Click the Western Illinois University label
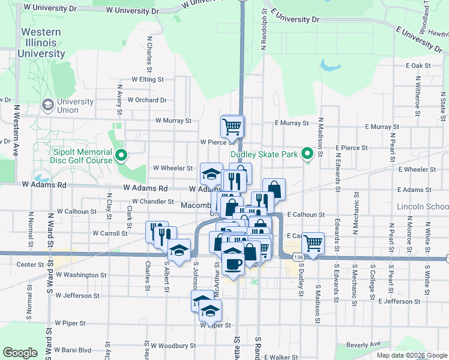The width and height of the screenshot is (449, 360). point(41,43)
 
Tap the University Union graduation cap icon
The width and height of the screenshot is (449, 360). point(47,106)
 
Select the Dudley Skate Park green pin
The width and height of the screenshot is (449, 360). point(308,155)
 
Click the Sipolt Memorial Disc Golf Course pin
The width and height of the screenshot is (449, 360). point(121,156)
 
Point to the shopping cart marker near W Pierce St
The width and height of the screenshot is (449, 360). point(232,127)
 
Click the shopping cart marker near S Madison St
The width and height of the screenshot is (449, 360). point(313,243)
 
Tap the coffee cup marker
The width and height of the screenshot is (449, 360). point(233,263)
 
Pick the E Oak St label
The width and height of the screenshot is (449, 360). point(418,65)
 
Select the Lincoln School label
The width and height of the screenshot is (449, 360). point(423,206)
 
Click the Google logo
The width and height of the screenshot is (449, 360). point(20,353)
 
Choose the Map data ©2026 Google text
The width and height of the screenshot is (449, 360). point(411,355)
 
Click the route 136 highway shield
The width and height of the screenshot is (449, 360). point(298,256)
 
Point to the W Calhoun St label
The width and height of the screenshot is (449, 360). point(76,212)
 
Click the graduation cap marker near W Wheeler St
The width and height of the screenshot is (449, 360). point(211,174)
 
